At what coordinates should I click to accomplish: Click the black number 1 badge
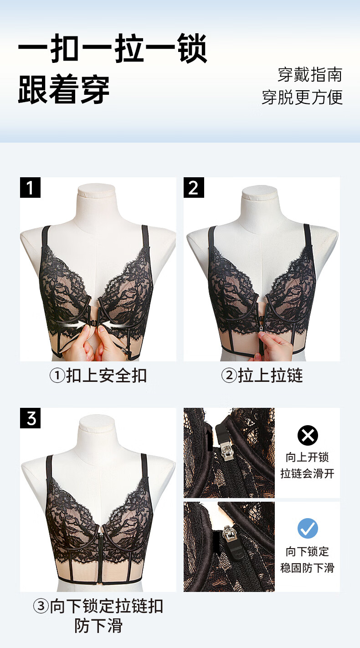tap(30, 187)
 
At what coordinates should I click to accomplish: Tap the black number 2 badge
tap(194, 187)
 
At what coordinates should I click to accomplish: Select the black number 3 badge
tap(30, 418)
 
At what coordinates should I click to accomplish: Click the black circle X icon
tap(308, 435)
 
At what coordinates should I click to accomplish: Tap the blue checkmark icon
tap(308, 528)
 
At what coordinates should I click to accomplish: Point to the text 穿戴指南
tap(310, 75)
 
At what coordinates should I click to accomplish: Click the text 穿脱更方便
tap(302, 97)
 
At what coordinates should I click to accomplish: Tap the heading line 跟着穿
tap(64, 89)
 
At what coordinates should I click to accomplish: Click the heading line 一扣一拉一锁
tap(113, 48)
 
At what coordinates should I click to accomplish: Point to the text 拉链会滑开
tap(307, 473)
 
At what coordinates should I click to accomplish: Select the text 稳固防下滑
tap(307, 568)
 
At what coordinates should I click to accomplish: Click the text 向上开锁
tap(307, 458)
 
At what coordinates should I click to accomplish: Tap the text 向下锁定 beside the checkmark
tap(307, 552)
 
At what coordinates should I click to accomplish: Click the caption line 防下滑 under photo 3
tap(98, 626)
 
